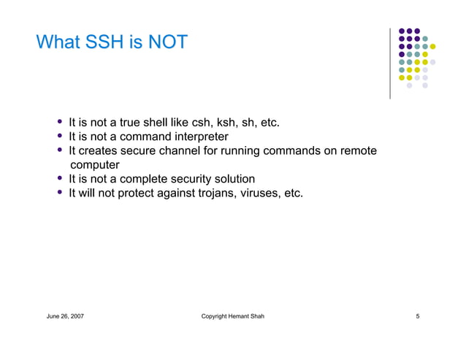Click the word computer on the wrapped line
point(94,165)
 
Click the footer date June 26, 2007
point(66,316)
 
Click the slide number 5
point(417,316)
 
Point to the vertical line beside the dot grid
point(390,64)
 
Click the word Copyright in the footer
point(215,316)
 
